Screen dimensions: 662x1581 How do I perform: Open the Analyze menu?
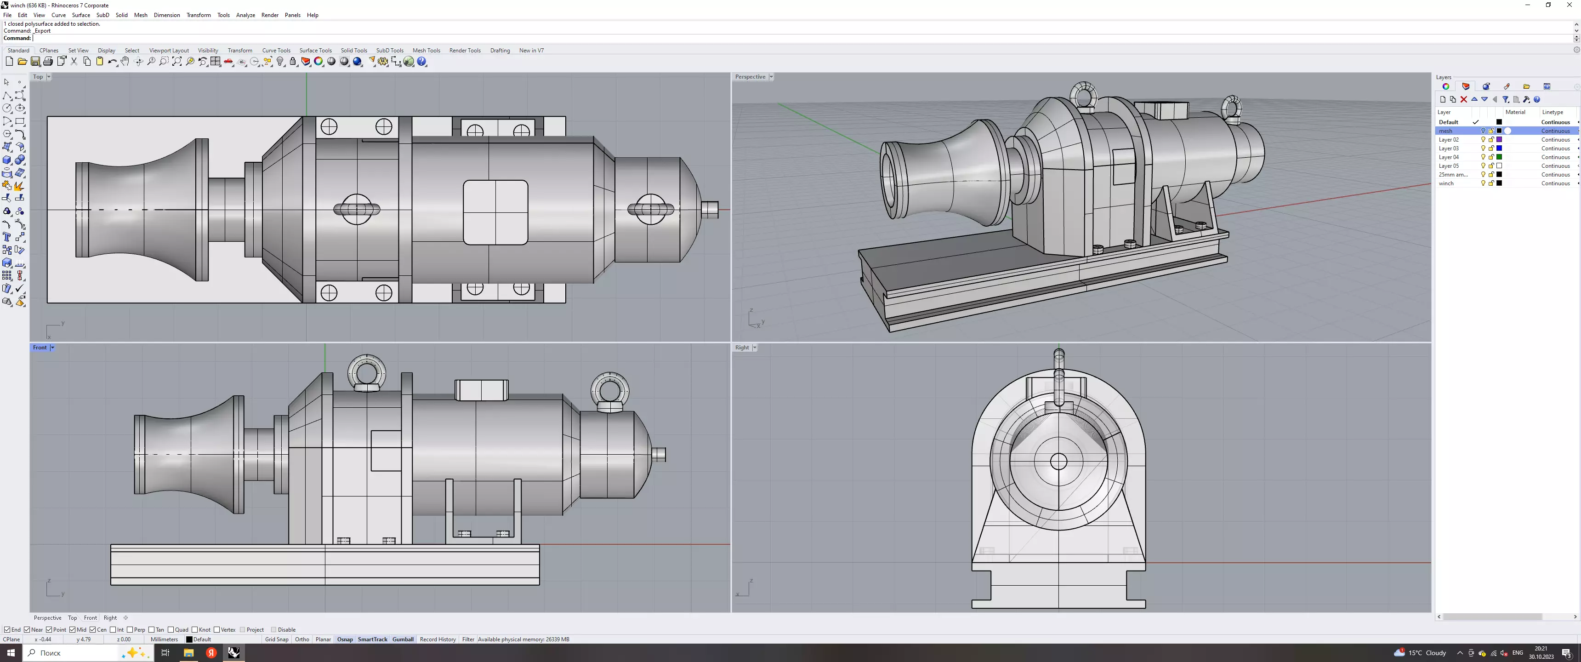(x=245, y=15)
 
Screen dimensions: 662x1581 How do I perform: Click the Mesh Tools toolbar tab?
(x=426, y=51)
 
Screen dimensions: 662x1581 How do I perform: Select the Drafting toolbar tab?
(x=500, y=51)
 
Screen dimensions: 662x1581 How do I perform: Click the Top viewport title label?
(x=38, y=77)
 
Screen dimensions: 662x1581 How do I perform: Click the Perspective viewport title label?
(x=750, y=77)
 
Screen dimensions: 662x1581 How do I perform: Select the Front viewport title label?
(x=39, y=348)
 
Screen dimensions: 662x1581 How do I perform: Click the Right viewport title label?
(x=741, y=348)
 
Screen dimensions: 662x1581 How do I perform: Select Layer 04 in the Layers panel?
(x=1449, y=157)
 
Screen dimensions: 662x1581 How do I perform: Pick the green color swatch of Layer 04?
(x=1499, y=157)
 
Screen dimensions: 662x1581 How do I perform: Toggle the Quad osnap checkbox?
(x=171, y=629)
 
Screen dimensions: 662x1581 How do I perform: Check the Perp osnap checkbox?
(x=130, y=629)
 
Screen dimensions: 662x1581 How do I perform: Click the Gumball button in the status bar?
(x=403, y=639)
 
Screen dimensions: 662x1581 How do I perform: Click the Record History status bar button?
(x=438, y=639)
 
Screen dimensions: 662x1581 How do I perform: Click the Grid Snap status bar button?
(x=276, y=639)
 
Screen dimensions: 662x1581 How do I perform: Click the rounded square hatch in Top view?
(x=495, y=212)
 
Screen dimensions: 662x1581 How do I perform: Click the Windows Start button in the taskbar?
(x=11, y=653)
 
